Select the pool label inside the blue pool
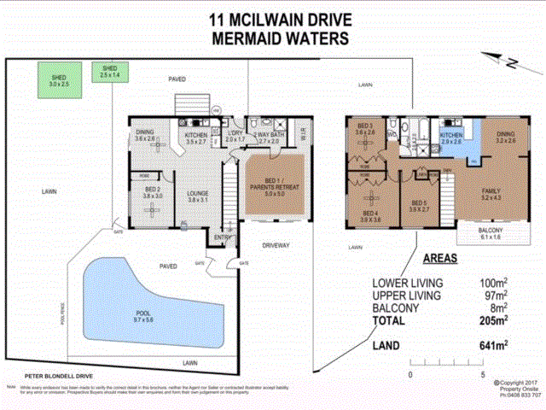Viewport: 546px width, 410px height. point(143,316)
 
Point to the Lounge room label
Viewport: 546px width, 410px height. point(198,197)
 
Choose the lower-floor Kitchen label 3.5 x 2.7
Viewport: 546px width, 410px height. point(197,138)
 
